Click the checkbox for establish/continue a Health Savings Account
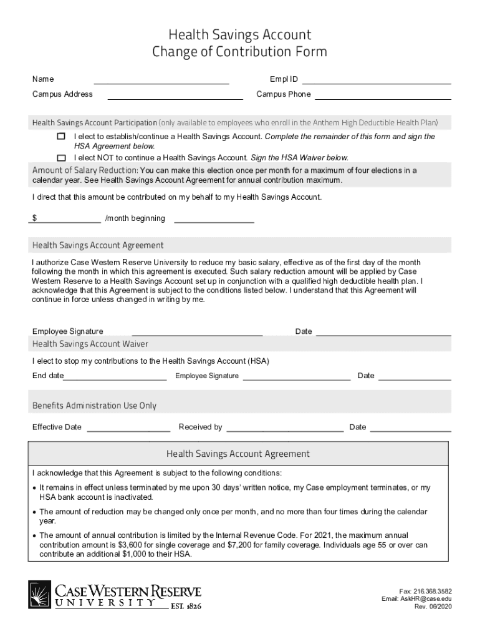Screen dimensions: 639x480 point(61,136)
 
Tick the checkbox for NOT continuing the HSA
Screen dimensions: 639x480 point(61,158)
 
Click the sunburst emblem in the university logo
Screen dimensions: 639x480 point(40,594)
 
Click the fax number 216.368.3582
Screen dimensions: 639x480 point(433,591)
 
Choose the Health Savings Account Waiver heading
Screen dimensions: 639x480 point(90,344)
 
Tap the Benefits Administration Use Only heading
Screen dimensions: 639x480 point(94,406)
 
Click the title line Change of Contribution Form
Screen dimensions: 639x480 point(239,52)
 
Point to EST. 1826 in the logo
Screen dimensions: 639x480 point(186,605)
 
